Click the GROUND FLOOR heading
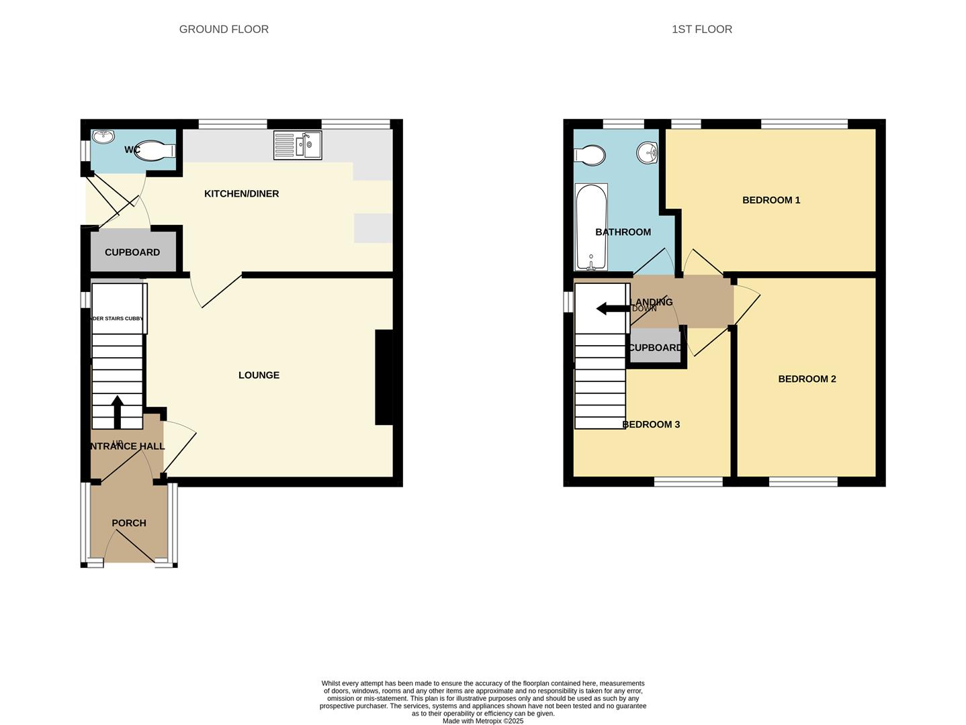pyautogui.click(x=224, y=30)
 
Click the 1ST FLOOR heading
pyautogui.click(x=702, y=30)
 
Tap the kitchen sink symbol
pyautogui.click(x=298, y=146)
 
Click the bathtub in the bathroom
pyautogui.click(x=591, y=226)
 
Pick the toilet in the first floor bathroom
pyautogui.click(x=589, y=156)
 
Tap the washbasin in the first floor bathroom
pyautogui.click(x=647, y=152)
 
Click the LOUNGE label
pyautogui.click(x=259, y=375)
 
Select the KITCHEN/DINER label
pyautogui.click(x=241, y=194)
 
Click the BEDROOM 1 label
pyautogui.click(x=771, y=200)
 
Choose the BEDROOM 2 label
pyautogui.click(x=807, y=379)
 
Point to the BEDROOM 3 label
pyautogui.click(x=651, y=424)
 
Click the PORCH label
pyautogui.click(x=129, y=523)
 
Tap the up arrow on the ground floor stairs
pyautogui.click(x=118, y=412)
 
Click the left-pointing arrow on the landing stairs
pyautogui.click(x=611, y=309)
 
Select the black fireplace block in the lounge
pyautogui.click(x=384, y=377)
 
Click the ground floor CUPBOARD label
pyautogui.click(x=132, y=252)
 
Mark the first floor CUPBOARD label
pyautogui.click(x=655, y=348)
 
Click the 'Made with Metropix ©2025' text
pyautogui.click(x=482, y=721)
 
